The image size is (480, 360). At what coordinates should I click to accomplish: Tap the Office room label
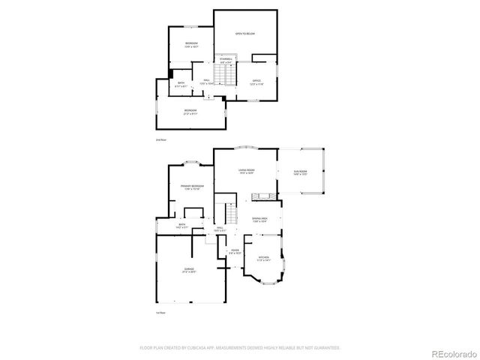256,81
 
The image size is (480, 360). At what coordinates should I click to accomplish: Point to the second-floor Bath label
181,85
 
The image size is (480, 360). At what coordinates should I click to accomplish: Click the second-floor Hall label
205,81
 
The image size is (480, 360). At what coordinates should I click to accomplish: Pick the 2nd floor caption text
160,140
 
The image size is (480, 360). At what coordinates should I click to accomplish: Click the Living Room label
244,172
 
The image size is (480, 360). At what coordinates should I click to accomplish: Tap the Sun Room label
301,173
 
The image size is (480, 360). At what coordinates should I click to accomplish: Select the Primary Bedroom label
192,187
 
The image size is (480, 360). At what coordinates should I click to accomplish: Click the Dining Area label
259,219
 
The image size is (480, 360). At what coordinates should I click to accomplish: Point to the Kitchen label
263,259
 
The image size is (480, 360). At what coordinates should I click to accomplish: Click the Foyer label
235,251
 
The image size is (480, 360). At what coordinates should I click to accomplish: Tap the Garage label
189,269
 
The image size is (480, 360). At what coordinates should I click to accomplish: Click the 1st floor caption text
160,312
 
